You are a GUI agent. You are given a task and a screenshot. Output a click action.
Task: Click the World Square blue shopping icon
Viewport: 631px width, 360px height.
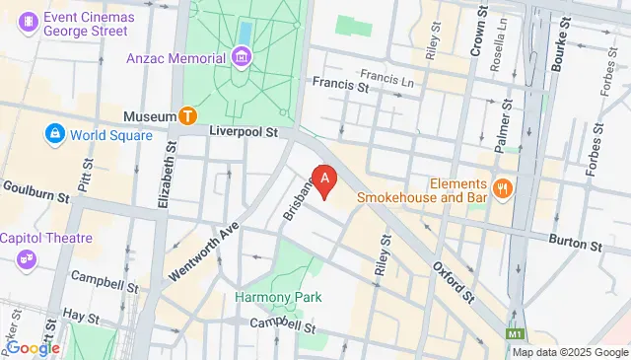pyautogui.click(x=54, y=134)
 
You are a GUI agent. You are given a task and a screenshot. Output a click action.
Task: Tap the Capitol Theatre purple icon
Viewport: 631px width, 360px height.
pyautogui.click(x=27, y=258)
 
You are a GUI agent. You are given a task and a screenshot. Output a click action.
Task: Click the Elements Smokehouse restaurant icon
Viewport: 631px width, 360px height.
pyautogui.click(x=503, y=187)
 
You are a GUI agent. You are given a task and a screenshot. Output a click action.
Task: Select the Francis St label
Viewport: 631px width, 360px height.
pyautogui.click(x=341, y=87)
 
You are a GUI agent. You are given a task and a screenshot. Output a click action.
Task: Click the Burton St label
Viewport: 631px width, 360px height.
pyautogui.click(x=575, y=243)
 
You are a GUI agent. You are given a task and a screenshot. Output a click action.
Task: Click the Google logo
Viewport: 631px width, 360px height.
pyautogui.click(x=33, y=348)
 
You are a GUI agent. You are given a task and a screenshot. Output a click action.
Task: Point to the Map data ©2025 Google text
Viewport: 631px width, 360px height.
pyautogui.click(x=569, y=352)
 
